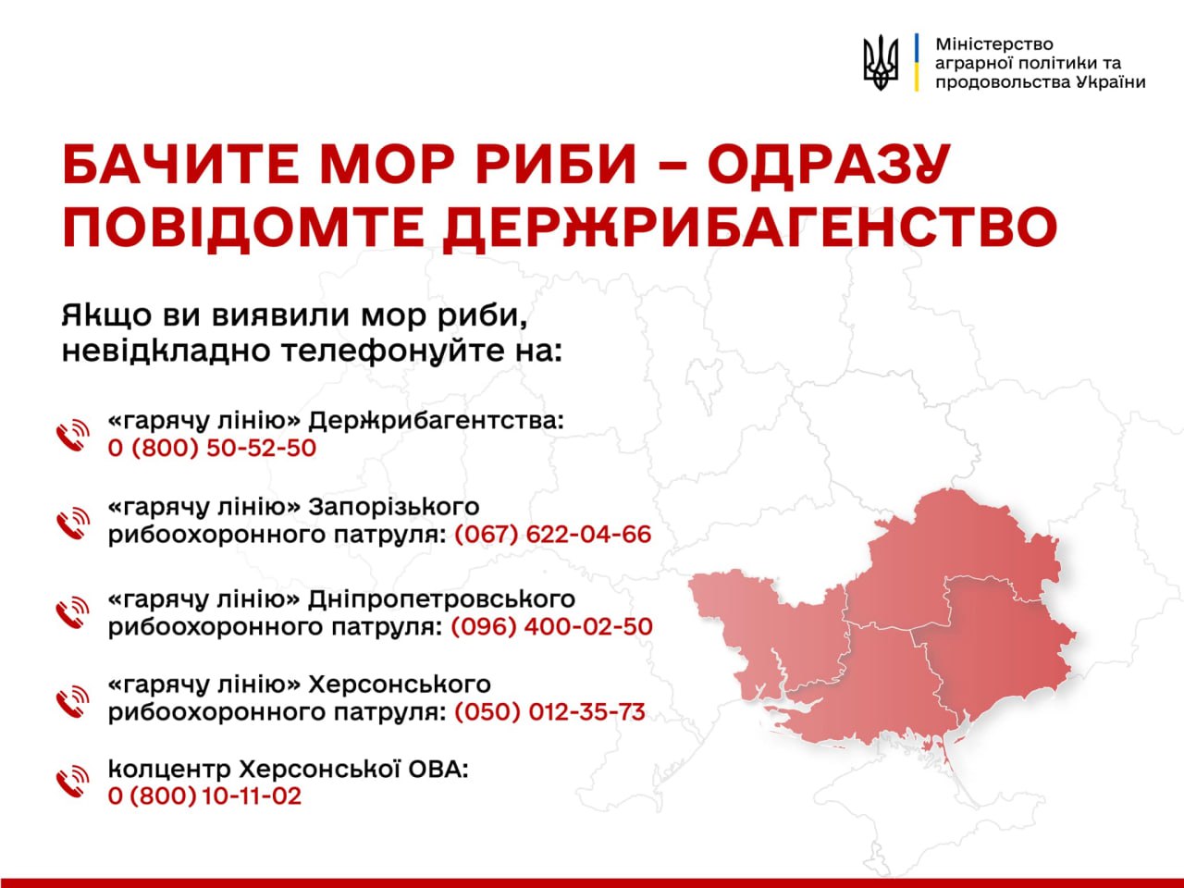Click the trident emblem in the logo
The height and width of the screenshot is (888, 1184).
(x=881, y=62)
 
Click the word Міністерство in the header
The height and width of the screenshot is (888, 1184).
(x=993, y=43)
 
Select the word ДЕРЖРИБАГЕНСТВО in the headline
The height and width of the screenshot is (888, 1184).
(x=750, y=227)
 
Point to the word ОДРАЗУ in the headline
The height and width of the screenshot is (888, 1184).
(x=829, y=166)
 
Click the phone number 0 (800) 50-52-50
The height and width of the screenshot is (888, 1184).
(x=212, y=449)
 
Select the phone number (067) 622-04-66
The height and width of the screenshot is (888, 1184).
(x=552, y=535)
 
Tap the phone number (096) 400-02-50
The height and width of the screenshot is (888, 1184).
(x=551, y=626)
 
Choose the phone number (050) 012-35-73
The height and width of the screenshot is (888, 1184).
(x=549, y=712)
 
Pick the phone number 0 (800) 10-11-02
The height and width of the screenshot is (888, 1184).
(x=204, y=796)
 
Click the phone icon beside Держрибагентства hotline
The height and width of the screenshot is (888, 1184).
(x=73, y=435)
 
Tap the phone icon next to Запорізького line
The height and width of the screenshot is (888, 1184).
(x=73, y=524)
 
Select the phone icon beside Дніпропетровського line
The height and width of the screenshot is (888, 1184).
(x=73, y=613)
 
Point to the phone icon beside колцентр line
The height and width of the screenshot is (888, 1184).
(x=73, y=783)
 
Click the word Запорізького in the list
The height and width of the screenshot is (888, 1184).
(x=394, y=508)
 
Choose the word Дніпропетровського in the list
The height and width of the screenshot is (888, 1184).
(x=441, y=599)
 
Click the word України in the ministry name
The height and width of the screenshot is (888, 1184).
(x=1111, y=81)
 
